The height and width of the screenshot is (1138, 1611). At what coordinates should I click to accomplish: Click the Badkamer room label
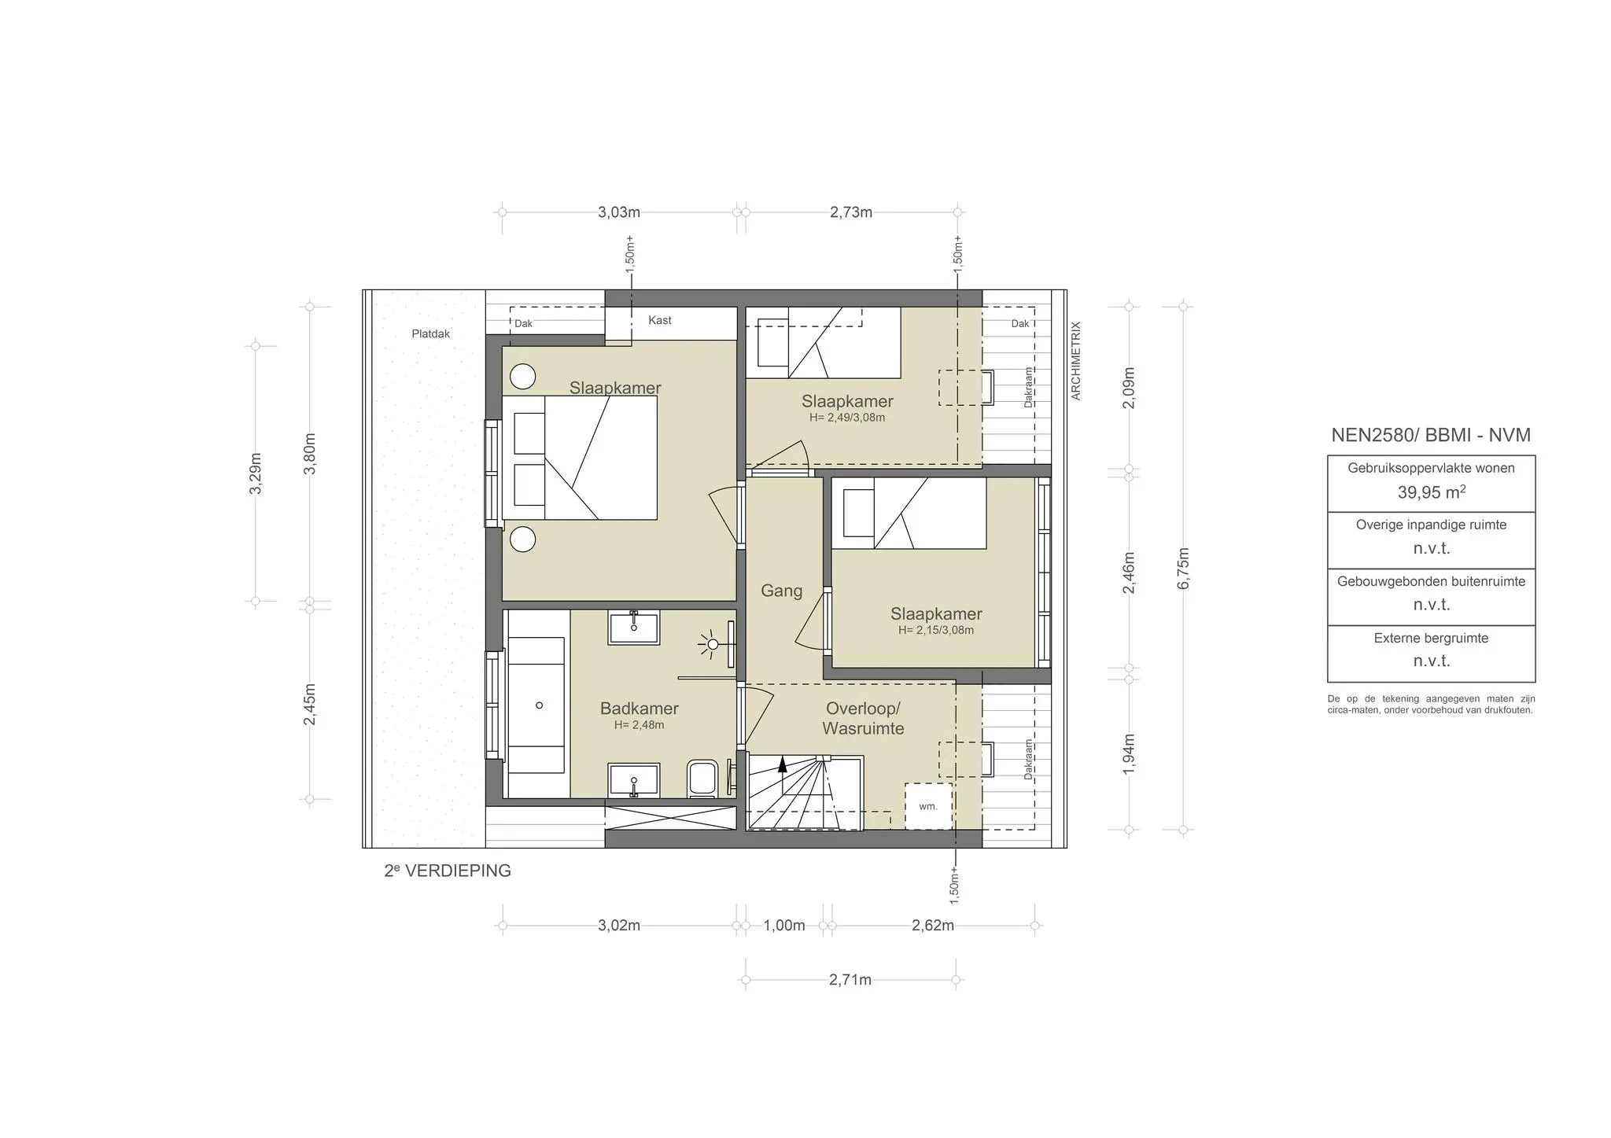[x=639, y=708]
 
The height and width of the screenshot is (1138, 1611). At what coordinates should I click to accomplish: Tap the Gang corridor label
[x=781, y=591]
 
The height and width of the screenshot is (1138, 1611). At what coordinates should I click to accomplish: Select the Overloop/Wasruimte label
[x=863, y=719]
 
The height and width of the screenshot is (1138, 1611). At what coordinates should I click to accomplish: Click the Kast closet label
[x=660, y=320]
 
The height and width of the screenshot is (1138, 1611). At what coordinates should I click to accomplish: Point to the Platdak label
[x=431, y=333]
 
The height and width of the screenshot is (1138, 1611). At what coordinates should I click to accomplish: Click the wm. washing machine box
[x=928, y=806]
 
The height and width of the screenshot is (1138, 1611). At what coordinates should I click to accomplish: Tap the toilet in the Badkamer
[x=702, y=779]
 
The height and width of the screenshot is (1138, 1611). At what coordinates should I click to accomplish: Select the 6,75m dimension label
[x=1184, y=568]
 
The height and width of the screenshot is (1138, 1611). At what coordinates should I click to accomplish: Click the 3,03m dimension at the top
[x=619, y=212]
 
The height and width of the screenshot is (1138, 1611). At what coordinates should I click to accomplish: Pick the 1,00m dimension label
[x=784, y=926]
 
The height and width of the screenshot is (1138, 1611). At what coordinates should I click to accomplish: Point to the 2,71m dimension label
[x=850, y=980]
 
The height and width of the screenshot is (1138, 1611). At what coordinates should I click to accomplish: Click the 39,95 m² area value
[x=1431, y=492]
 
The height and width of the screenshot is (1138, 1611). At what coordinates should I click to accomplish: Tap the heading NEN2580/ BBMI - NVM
[x=1431, y=435]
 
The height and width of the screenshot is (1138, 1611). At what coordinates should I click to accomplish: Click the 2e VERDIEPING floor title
[x=448, y=871]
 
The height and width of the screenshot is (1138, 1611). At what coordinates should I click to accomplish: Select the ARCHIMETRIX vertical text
[x=1076, y=360]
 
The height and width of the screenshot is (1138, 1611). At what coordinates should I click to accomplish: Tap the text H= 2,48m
[x=639, y=725]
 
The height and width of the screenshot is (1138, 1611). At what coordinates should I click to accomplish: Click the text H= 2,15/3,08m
[x=936, y=630]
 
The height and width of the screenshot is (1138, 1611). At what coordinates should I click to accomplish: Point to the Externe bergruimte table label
[x=1431, y=638]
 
